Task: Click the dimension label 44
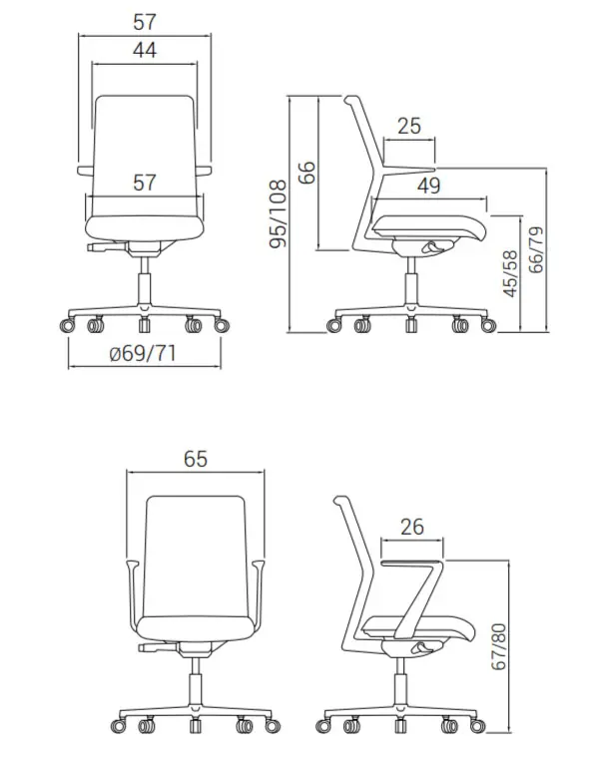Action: click(x=145, y=50)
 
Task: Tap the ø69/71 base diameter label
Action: click(x=143, y=353)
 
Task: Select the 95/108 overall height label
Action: click(x=279, y=213)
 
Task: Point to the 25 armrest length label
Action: click(x=409, y=126)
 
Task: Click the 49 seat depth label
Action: click(x=429, y=186)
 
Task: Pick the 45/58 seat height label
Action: click(x=511, y=273)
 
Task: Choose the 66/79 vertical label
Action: click(x=537, y=249)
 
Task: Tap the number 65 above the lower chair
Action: click(x=196, y=459)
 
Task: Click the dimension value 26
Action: click(x=412, y=527)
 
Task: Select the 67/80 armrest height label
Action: click(x=499, y=646)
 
